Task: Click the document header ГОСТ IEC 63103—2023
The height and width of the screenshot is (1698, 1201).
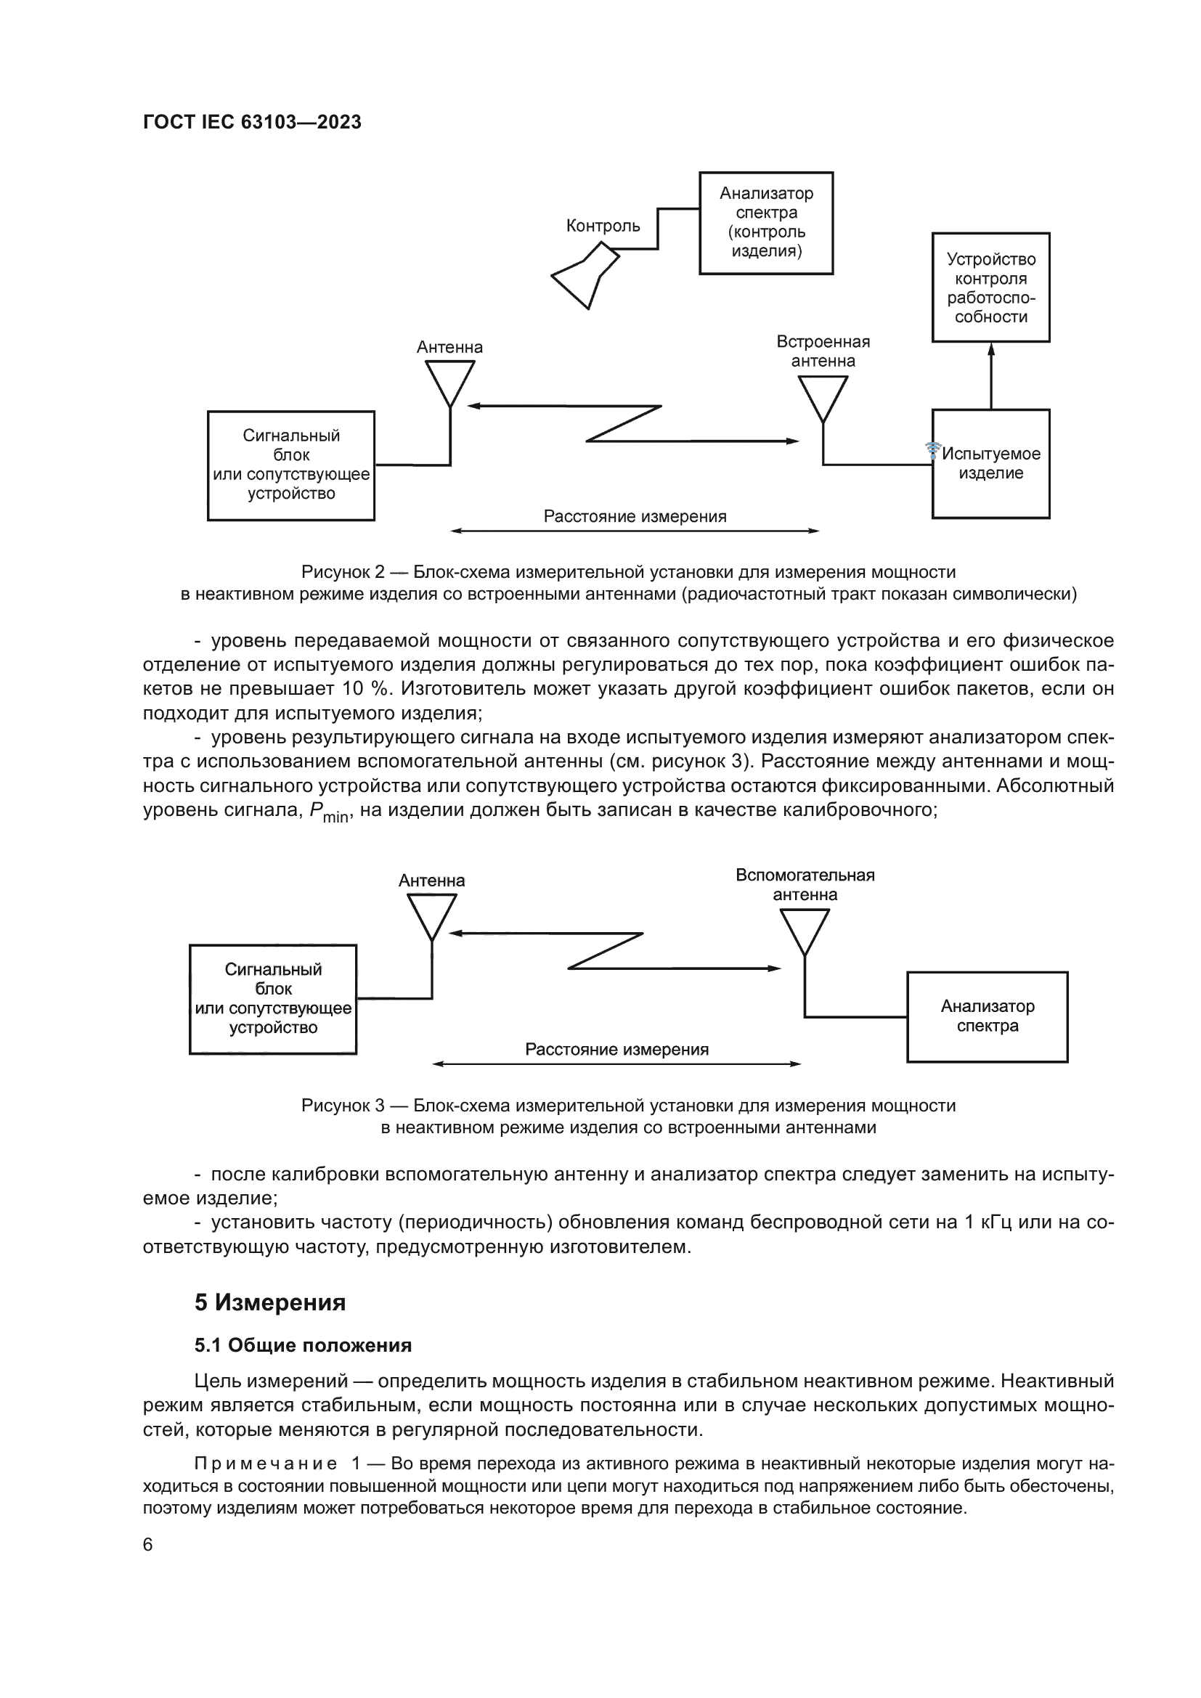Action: [252, 122]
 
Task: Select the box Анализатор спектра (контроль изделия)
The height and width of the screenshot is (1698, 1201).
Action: [766, 223]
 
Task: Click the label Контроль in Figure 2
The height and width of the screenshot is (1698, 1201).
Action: [603, 226]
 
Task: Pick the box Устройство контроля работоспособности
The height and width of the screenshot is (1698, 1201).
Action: [990, 287]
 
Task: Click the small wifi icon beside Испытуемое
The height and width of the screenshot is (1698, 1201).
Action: [933, 449]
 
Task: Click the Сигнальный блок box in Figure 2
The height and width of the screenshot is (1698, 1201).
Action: [290, 465]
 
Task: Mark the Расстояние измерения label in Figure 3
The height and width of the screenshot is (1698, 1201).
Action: [616, 1049]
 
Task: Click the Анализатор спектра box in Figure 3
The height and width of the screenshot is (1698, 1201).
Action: [988, 1016]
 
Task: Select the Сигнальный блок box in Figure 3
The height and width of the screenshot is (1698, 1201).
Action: [273, 998]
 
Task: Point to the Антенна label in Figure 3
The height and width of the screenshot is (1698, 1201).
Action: [432, 880]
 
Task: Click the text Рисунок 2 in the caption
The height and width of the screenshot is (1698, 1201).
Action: [343, 571]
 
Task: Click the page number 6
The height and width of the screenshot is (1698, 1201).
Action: [148, 1544]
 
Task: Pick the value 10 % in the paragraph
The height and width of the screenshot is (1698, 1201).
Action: [365, 689]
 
